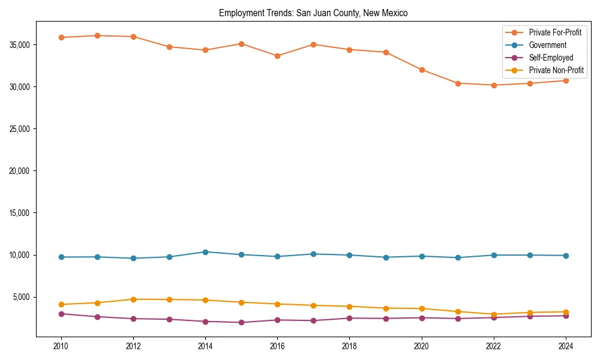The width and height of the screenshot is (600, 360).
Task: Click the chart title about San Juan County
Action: tap(313, 13)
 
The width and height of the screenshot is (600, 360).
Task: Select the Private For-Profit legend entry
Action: tap(555, 32)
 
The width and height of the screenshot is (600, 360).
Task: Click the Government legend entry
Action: tap(547, 45)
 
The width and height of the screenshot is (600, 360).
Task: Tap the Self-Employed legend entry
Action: tap(551, 58)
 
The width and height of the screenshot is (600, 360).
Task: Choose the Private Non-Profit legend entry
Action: tap(556, 70)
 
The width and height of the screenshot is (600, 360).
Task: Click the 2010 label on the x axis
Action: tap(61, 346)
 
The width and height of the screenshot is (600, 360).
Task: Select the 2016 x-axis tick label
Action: tap(277, 346)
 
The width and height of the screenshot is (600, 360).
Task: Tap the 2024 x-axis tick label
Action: tap(566, 346)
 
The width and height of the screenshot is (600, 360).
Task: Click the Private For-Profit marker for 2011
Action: tap(97, 35)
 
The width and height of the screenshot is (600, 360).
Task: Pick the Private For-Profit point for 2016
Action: tap(277, 56)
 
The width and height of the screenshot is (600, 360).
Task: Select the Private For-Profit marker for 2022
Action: tap(494, 85)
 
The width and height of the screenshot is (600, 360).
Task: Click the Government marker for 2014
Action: tap(205, 252)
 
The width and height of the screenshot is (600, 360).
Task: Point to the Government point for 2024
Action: tap(566, 256)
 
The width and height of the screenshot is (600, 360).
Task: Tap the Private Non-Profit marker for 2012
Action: tap(133, 299)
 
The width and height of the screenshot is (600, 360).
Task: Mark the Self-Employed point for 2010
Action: tap(61, 314)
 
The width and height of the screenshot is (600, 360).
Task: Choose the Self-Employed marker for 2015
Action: tap(241, 322)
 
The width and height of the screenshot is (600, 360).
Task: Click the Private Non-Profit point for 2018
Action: tap(349, 307)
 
